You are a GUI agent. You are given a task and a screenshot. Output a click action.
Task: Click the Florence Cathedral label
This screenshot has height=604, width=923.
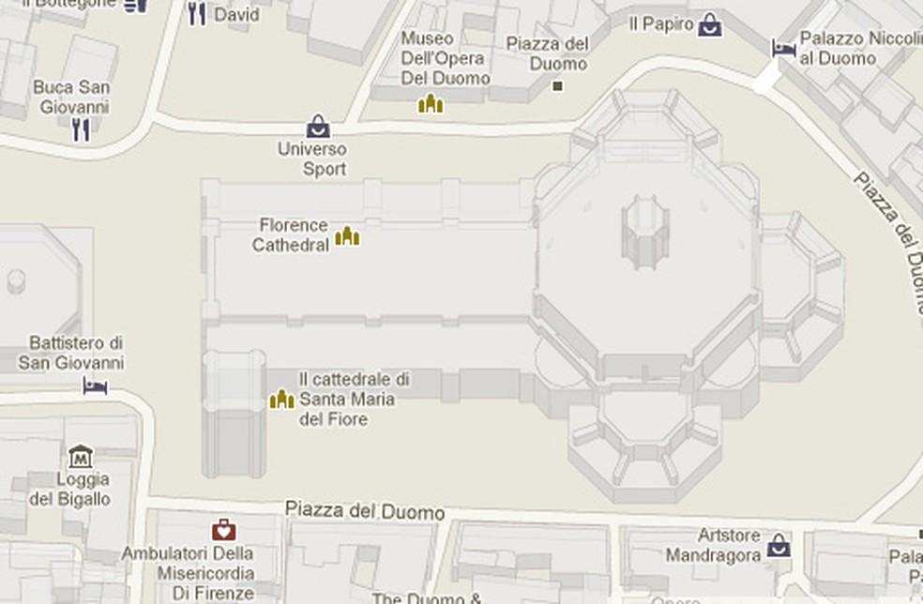[x=294, y=235]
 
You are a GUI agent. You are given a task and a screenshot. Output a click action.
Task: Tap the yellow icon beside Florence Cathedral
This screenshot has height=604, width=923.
[x=347, y=235]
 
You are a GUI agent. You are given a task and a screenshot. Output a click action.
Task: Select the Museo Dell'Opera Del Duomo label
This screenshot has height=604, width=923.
[x=445, y=58]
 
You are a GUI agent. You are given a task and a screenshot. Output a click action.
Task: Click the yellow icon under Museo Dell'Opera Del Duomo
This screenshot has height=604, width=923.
[x=431, y=103]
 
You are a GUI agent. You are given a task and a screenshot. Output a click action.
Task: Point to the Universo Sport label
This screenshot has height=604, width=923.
[x=312, y=159]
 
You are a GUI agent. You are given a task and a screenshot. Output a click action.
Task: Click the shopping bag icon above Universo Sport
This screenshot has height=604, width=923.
[x=318, y=127]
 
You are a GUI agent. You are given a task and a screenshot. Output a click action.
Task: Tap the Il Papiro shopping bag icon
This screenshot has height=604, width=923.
[x=710, y=24]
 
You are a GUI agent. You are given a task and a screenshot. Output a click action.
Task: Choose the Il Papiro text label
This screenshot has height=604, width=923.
[x=661, y=24]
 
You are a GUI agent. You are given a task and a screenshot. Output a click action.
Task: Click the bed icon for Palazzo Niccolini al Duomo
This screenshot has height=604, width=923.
[x=783, y=47]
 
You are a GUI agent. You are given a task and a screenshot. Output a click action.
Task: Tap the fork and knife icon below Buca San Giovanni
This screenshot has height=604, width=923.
[x=82, y=130]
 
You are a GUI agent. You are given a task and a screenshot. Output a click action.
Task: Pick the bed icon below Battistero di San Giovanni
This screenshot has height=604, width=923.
[x=95, y=385]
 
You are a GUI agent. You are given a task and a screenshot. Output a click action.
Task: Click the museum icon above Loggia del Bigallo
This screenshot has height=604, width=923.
[x=81, y=458]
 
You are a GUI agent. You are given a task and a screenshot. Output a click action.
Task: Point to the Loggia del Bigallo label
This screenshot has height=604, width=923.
[x=70, y=489]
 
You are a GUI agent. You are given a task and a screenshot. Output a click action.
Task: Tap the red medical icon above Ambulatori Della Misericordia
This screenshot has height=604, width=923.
[x=223, y=531]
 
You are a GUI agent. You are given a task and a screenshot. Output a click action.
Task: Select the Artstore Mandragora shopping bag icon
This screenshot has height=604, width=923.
[x=778, y=546]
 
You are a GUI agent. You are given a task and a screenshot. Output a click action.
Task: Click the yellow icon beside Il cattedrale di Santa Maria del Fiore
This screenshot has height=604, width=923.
[x=281, y=400]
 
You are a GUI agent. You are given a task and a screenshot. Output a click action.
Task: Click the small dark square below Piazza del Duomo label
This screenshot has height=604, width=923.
[x=558, y=86]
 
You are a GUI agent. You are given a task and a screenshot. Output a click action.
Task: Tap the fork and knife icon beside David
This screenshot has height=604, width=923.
[x=197, y=14]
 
